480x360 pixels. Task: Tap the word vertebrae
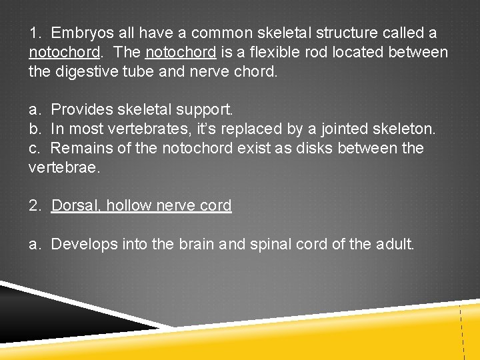[63, 167]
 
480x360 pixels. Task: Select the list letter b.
[34, 128]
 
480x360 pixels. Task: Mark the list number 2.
[35, 205]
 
